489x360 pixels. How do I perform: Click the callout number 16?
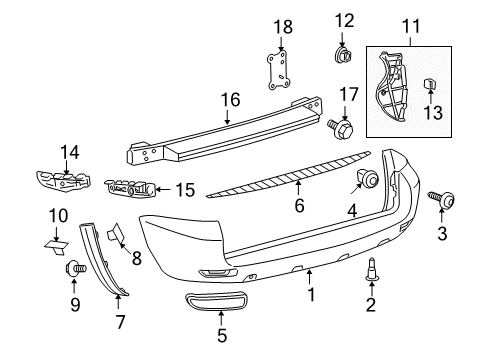tap(230, 100)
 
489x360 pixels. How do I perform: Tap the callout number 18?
tap(283, 24)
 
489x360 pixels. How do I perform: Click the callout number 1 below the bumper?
tap(311, 295)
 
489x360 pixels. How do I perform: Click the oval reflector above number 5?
tap(220, 305)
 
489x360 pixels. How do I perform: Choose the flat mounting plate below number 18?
tap(282, 71)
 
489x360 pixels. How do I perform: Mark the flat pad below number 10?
tap(57, 240)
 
